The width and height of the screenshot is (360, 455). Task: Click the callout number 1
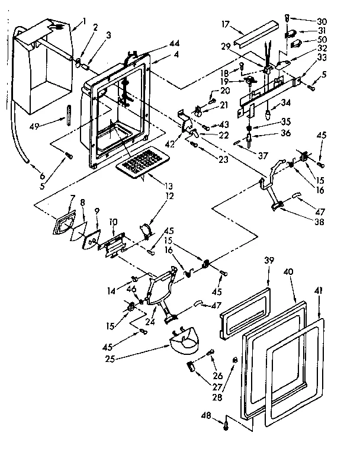84,22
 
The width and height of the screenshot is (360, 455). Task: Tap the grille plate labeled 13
140,161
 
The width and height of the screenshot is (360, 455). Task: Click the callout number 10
112,222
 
